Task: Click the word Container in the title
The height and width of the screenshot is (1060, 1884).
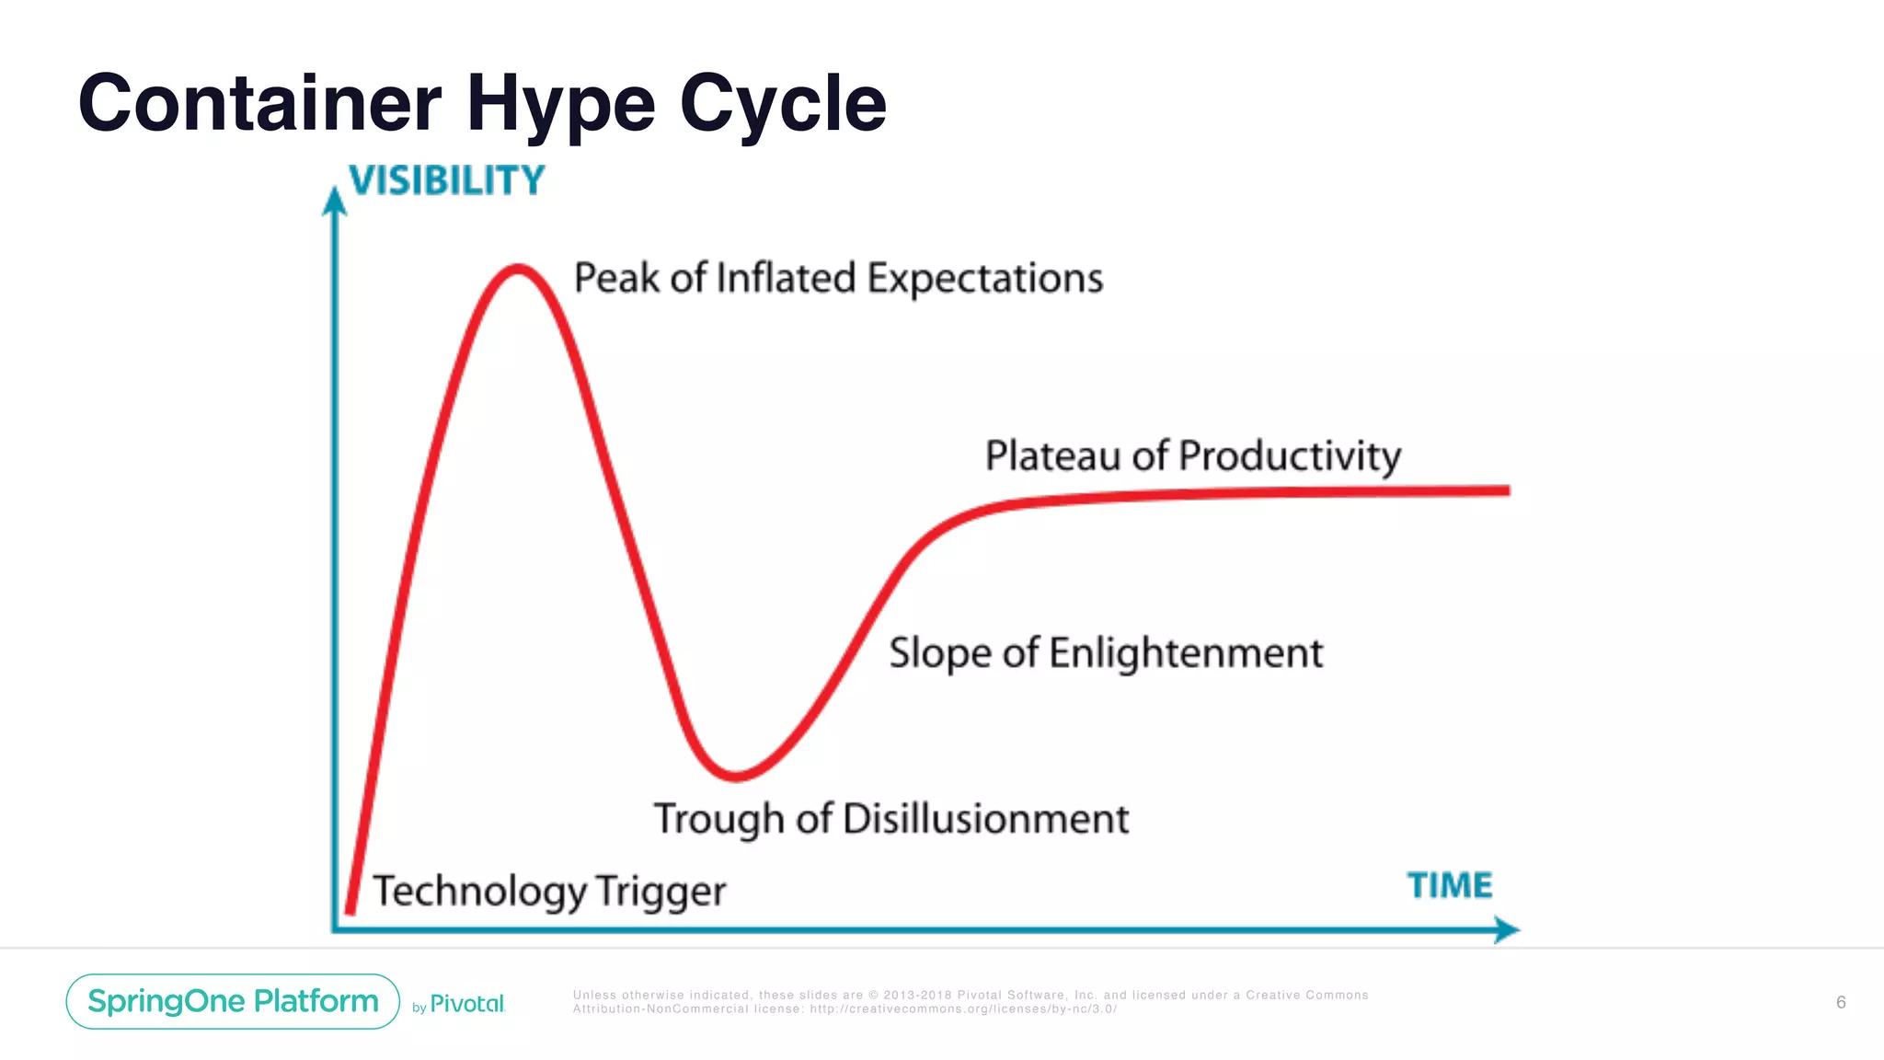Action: [x=259, y=103]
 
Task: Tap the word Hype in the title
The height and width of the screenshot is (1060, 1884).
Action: [x=560, y=105]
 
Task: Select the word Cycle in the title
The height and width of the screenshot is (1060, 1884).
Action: [x=783, y=105]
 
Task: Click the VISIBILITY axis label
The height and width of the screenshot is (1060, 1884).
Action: [x=447, y=180]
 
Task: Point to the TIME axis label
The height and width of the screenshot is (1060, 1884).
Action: [x=1450, y=885]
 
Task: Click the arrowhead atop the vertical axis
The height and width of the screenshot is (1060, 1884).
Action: [x=335, y=200]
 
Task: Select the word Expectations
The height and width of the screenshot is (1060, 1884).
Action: [x=985, y=279]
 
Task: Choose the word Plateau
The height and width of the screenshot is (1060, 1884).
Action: [x=1052, y=455]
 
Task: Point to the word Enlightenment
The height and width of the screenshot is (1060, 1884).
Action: [x=1186, y=653]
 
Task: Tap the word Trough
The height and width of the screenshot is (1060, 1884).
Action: [x=719, y=820]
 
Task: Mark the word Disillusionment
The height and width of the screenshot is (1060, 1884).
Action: [x=985, y=819]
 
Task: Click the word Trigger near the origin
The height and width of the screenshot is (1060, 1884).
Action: [x=661, y=892]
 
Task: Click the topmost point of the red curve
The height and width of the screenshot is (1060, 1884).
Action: [x=518, y=269]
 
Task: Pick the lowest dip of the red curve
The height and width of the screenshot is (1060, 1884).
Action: [x=736, y=777]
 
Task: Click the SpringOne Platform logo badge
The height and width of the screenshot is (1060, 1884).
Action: [x=233, y=1001]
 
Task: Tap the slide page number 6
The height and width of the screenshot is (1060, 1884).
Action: [x=1841, y=1002]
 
